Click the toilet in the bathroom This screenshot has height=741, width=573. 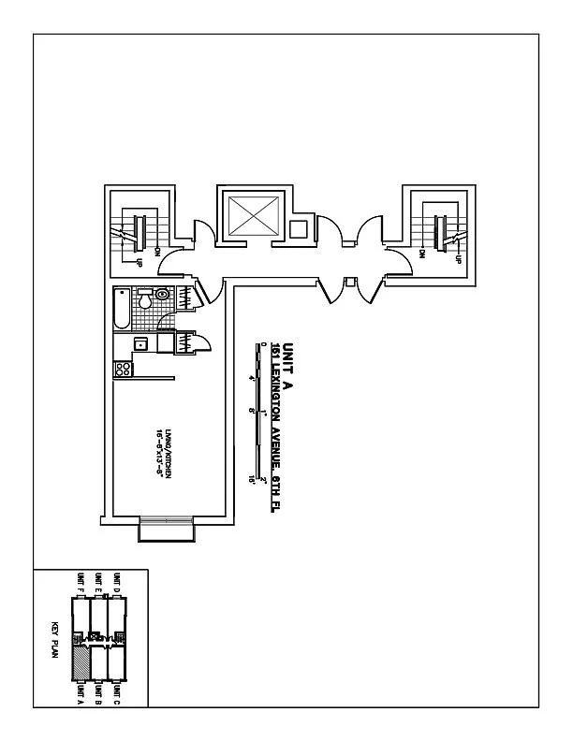tap(160, 294)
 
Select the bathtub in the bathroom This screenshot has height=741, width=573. tap(121, 310)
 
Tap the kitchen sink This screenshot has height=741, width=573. tap(140, 344)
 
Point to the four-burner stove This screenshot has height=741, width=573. tap(122, 370)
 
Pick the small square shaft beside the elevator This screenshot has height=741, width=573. tap(298, 229)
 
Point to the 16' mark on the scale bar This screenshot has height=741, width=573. tap(252, 479)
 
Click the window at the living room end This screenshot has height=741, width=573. tap(167, 529)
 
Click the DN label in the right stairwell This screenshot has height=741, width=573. tap(423, 253)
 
